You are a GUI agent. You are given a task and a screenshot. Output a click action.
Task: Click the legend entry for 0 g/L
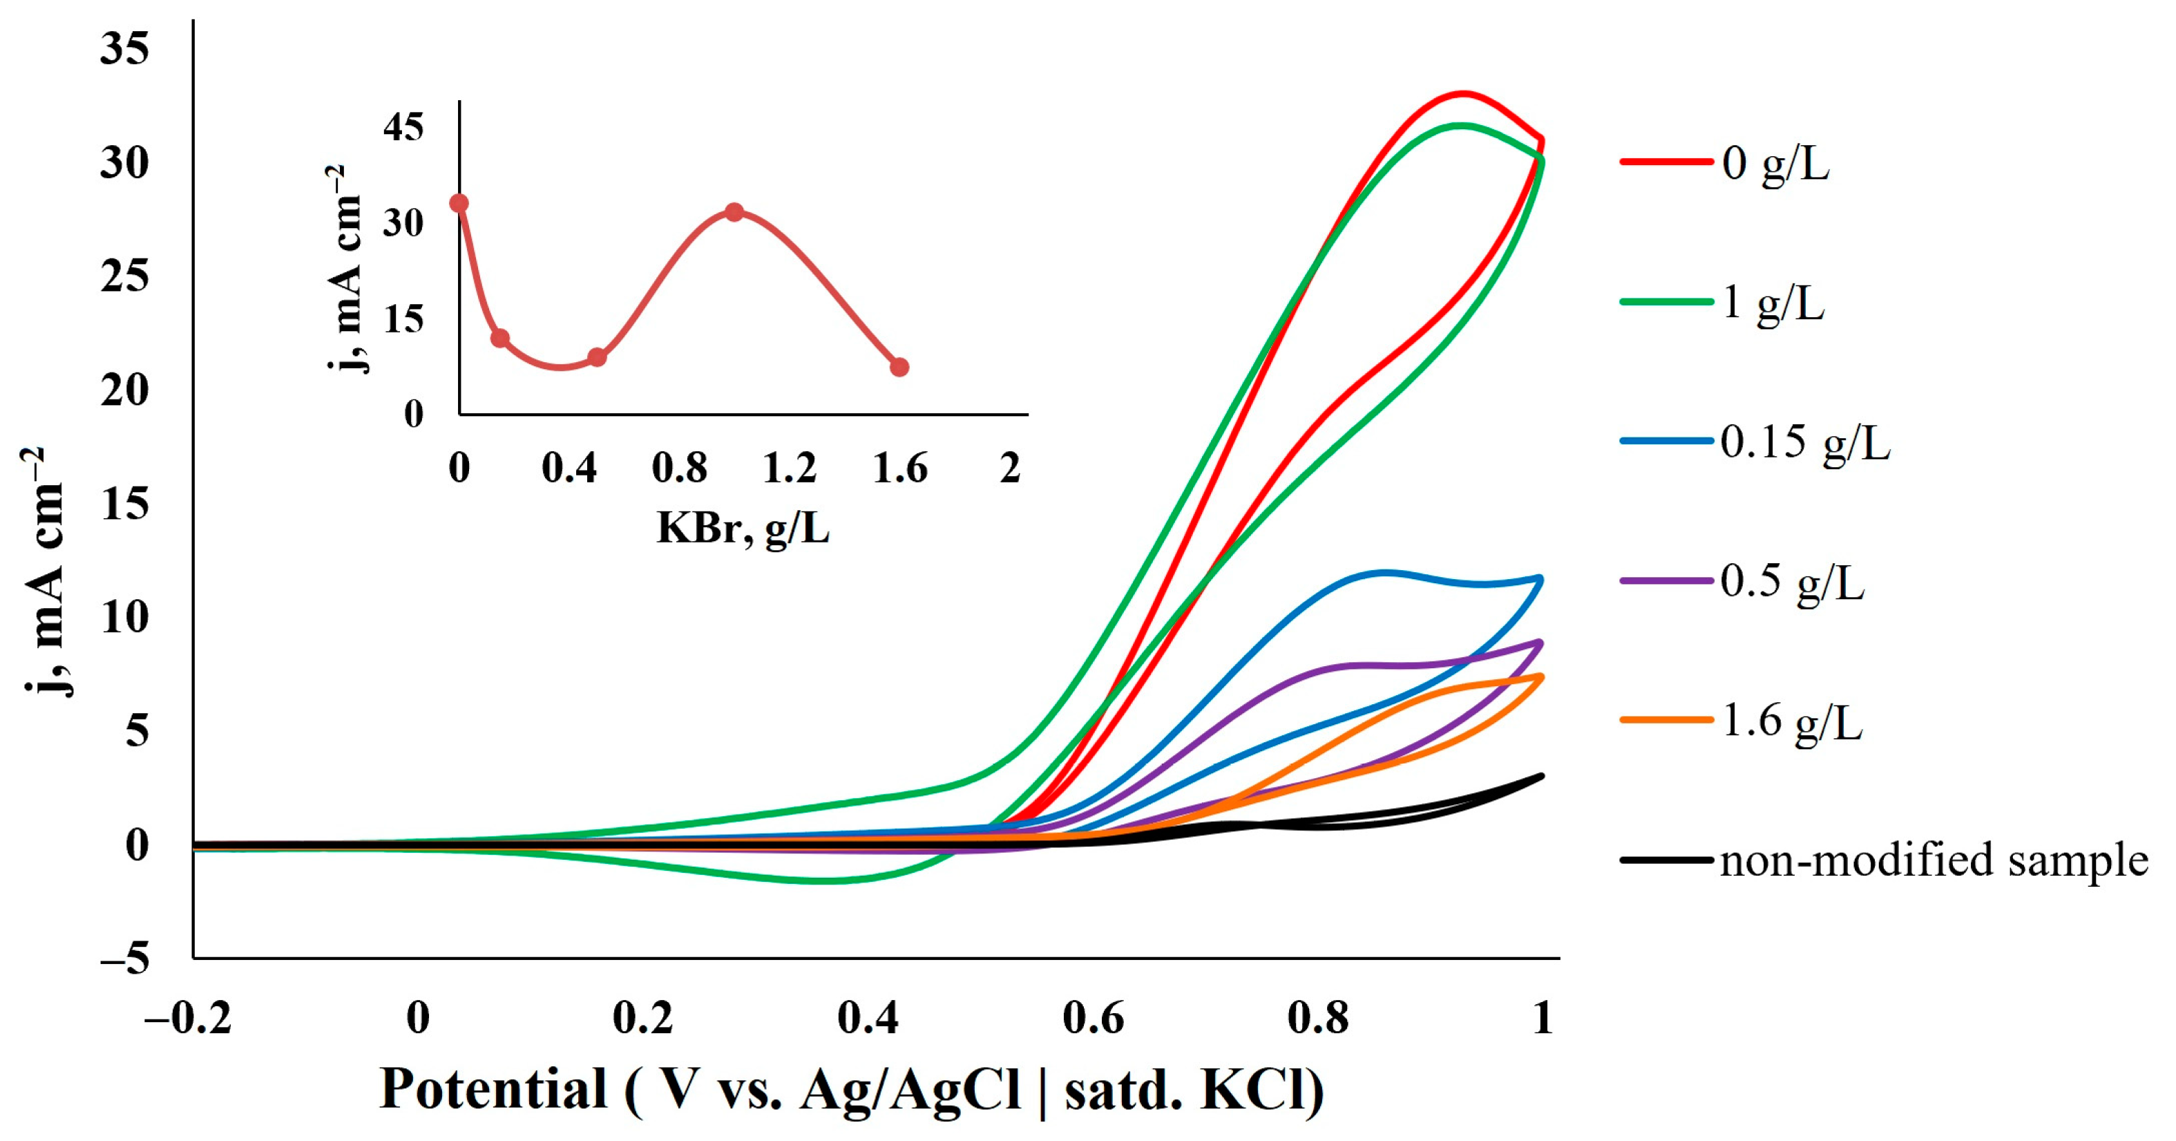[x=1774, y=162]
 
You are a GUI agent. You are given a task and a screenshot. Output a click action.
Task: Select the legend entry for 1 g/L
[x=1772, y=303]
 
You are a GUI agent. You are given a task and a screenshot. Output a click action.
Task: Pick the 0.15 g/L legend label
[x=1804, y=442]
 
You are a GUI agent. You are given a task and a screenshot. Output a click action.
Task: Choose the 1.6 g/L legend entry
[x=1791, y=722]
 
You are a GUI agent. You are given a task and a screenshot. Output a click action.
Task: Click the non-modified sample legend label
[x=1934, y=861]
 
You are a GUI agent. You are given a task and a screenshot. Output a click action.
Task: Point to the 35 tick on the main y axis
[x=124, y=48]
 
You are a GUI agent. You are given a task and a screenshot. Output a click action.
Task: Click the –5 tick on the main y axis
[x=124, y=959]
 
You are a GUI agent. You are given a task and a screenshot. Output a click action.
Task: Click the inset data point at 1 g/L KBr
[x=734, y=212]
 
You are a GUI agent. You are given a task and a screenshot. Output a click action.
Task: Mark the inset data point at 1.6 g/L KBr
[x=899, y=368]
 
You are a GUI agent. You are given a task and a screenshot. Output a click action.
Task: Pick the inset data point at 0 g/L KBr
[x=459, y=204]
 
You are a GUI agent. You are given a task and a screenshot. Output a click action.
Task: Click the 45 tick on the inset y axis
[x=403, y=128]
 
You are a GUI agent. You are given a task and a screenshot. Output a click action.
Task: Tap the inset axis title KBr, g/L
[x=743, y=529]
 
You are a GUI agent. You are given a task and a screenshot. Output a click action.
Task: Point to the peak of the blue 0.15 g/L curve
[x=1384, y=573]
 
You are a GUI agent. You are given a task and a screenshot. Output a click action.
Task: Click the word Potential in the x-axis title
[x=493, y=1088]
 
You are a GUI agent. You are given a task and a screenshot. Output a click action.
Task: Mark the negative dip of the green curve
[x=828, y=880]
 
